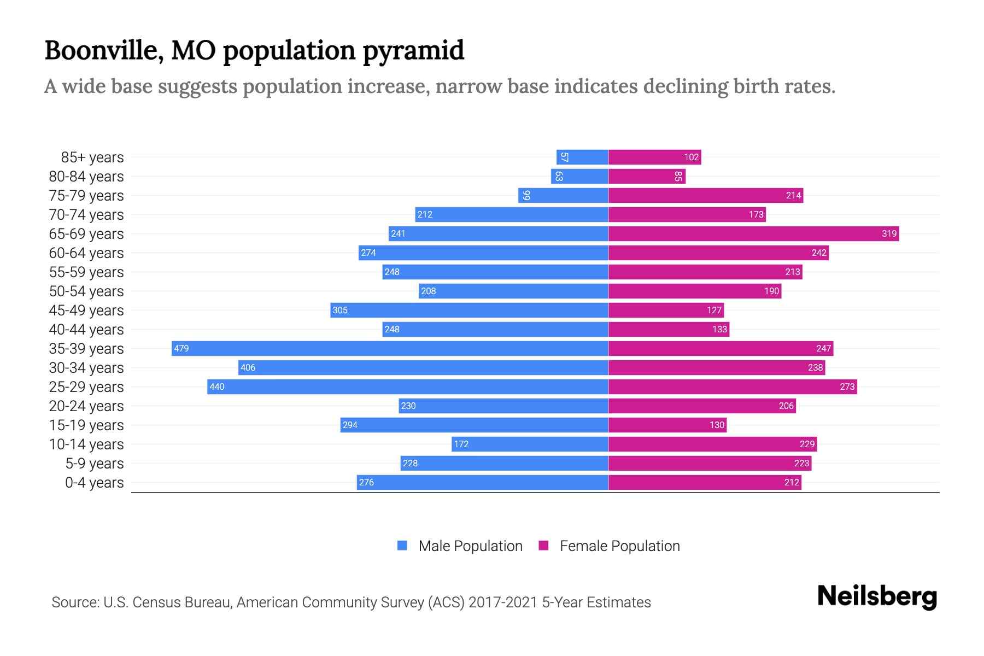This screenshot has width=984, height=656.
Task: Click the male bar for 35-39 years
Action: click(390, 348)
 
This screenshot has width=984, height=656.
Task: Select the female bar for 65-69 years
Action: click(753, 233)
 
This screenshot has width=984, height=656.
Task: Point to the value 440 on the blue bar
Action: click(217, 386)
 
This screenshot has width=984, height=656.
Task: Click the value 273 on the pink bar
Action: click(847, 386)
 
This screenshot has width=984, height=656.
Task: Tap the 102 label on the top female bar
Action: click(691, 157)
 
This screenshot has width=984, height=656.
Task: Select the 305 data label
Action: click(340, 310)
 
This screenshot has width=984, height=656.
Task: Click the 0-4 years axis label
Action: click(94, 483)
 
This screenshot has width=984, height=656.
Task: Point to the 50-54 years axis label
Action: click(86, 291)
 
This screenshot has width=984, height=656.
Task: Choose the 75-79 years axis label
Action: click(86, 196)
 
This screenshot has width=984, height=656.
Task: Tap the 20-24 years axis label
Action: click(86, 406)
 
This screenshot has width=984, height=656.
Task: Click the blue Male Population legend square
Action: click(402, 546)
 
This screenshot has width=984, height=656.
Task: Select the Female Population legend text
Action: click(619, 546)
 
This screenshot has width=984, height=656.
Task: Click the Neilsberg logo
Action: click(877, 596)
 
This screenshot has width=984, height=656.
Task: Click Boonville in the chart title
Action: click(102, 50)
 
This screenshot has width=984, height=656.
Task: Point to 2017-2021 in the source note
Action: click(503, 602)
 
